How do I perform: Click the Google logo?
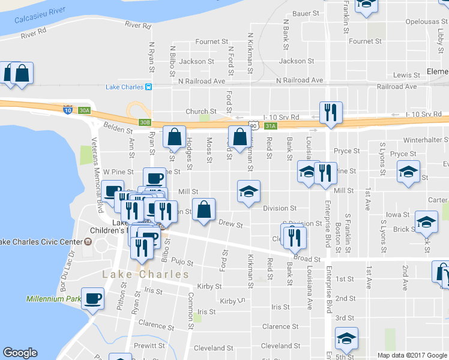pyautogui.click(x=20, y=353)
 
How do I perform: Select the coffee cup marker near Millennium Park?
pyautogui.click(x=93, y=298)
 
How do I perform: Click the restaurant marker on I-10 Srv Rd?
pyautogui.click(x=331, y=112)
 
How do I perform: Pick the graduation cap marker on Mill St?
pyautogui.click(x=249, y=191)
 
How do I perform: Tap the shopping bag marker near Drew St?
pyautogui.click(x=204, y=211)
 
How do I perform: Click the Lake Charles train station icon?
pyautogui.click(x=148, y=87)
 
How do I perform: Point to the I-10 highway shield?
pyautogui.click(x=68, y=110)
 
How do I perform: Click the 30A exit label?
pyautogui.click(x=85, y=110)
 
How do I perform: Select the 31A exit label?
pyautogui.click(x=270, y=126)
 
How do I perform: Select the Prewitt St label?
pyautogui.click(x=150, y=346)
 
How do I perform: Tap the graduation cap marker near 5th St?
pyautogui.click(x=346, y=339)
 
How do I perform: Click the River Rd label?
pyautogui.click(x=138, y=25)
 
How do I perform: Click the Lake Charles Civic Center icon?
pyautogui.click(x=88, y=242)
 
